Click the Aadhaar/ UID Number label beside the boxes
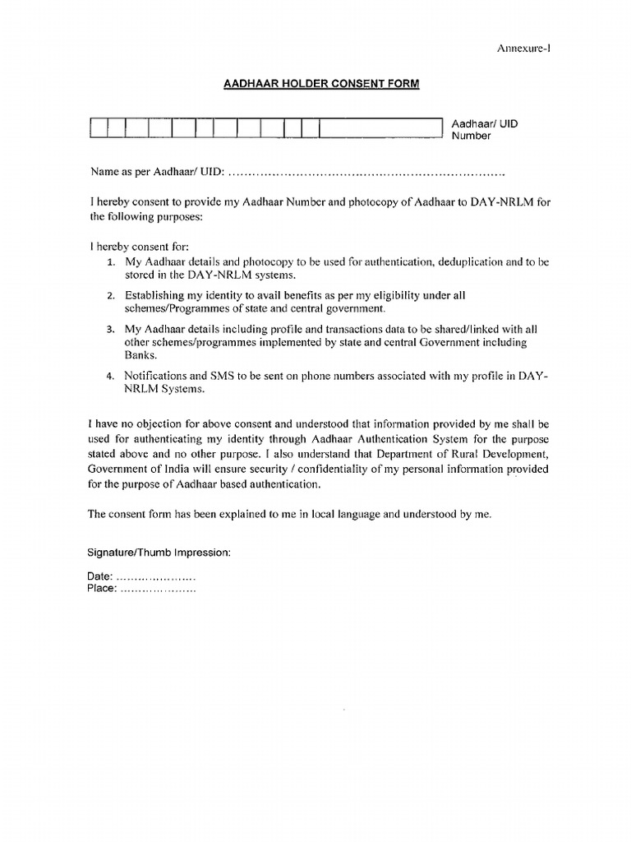click(x=486, y=130)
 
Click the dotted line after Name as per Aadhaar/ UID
click(x=366, y=174)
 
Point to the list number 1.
click(x=110, y=261)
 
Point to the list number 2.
click(x=110, y=295)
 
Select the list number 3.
click(x=110, y=329)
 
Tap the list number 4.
click(x=110, y=377)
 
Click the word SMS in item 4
click(x=246, y=377)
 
